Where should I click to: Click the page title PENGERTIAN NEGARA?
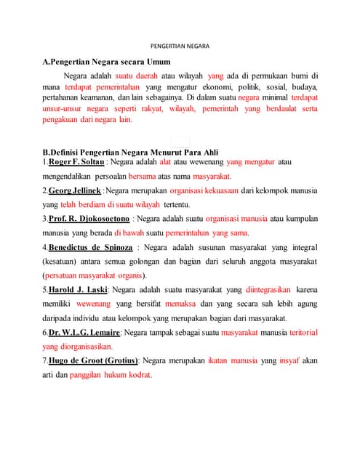180,46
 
